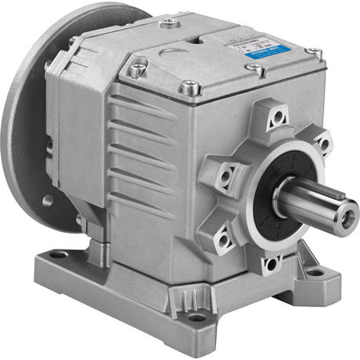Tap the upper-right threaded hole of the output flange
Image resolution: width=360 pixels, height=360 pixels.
point(323,144)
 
